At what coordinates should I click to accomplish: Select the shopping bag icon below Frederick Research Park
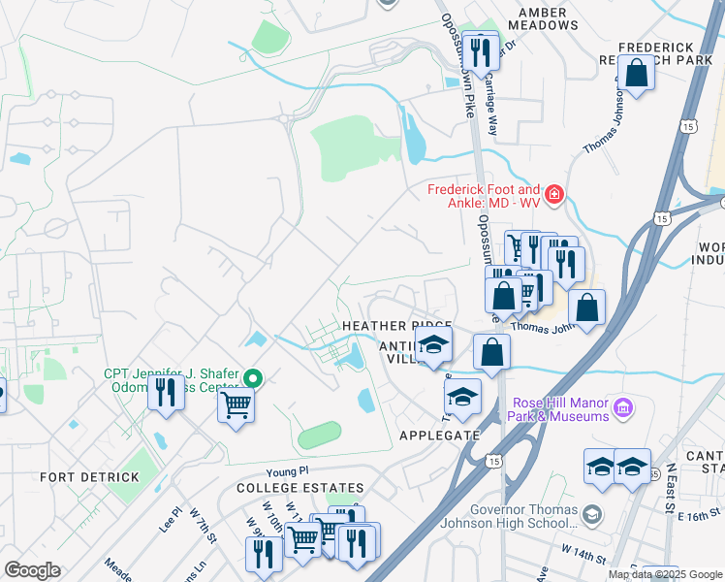[636, 75]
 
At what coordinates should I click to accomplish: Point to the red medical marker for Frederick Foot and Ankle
[553, 195]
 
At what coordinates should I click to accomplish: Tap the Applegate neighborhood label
[439, 436]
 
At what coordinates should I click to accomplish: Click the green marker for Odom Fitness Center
[253, 377]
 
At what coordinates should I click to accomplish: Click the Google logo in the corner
[32, 569]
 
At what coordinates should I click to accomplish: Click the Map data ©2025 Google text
[664, 574]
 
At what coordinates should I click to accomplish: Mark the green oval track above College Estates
[319, 436]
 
